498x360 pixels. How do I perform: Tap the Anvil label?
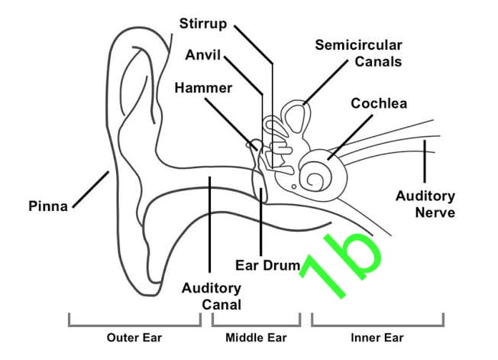coord(204,56)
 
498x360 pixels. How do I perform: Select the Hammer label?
coord(202,88)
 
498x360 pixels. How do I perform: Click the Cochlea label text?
coord(379,103)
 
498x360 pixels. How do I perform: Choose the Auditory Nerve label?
coord(425,203)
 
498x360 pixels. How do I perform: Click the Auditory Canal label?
coord(212,296)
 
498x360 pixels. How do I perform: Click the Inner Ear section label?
coord(377,337)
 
